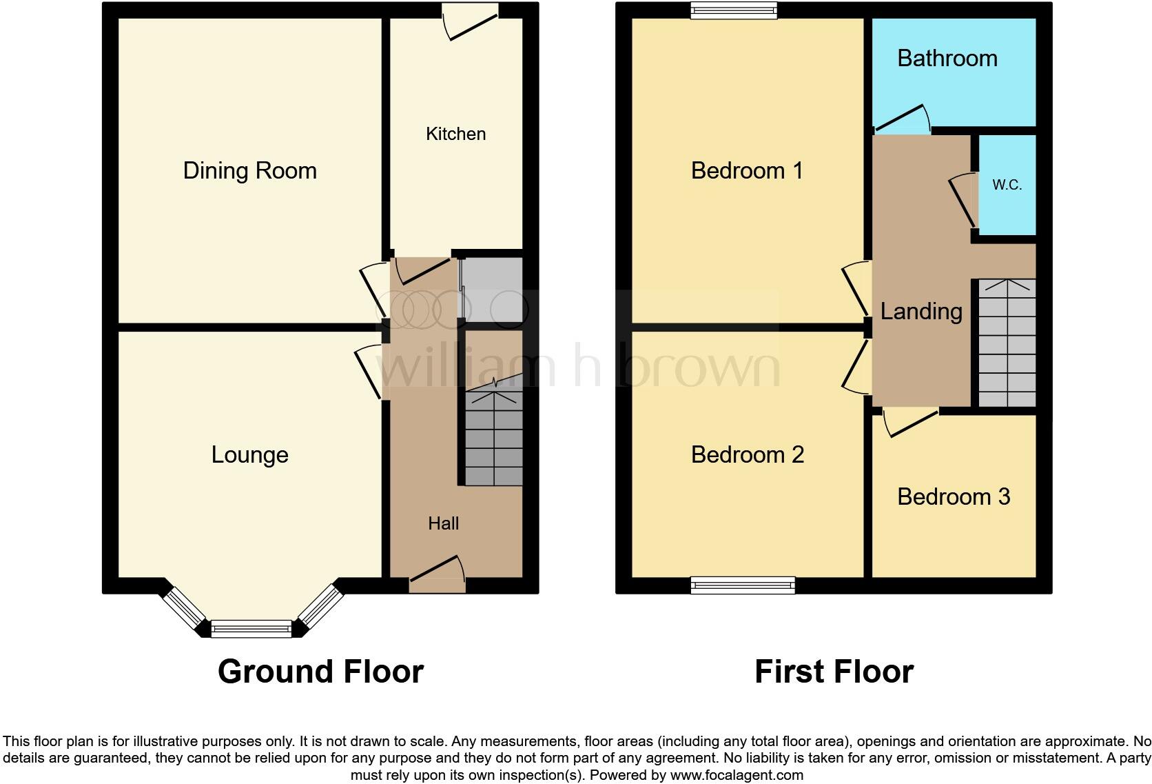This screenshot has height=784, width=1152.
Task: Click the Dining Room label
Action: coord(249,170)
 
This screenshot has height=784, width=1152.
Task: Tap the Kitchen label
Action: coord(455,134)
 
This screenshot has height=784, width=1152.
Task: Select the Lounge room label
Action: coord(249,455)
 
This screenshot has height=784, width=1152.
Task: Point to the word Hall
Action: coord(443,523)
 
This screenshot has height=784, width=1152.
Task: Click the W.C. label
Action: coord(1007,185)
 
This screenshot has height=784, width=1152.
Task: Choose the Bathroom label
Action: coord(947,59)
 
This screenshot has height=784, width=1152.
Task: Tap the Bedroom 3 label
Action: coord(953,496)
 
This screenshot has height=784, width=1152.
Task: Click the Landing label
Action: coord(921,312)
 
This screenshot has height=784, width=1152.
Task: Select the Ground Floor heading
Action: coord(320,672)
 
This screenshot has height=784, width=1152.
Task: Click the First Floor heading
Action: coord(834,672)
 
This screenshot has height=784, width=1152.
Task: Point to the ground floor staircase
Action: coord(493,438)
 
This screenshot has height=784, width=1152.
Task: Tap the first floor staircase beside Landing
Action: coord(1007,343)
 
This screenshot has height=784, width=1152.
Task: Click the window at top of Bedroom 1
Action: coord(734,10)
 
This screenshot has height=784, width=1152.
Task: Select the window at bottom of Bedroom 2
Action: coord(743,585)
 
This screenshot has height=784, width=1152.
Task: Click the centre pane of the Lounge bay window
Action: coord(251,628)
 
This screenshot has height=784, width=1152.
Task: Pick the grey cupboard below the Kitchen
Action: coord(491,290)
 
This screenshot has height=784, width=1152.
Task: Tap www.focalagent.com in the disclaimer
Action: coord(736,775)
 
